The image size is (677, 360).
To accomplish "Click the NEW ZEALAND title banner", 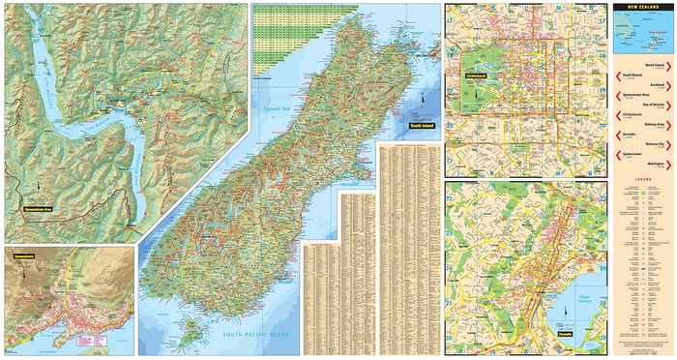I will (642, 8).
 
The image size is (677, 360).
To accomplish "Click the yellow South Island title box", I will (423, 126).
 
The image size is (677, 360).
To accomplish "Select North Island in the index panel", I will (659, 64).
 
